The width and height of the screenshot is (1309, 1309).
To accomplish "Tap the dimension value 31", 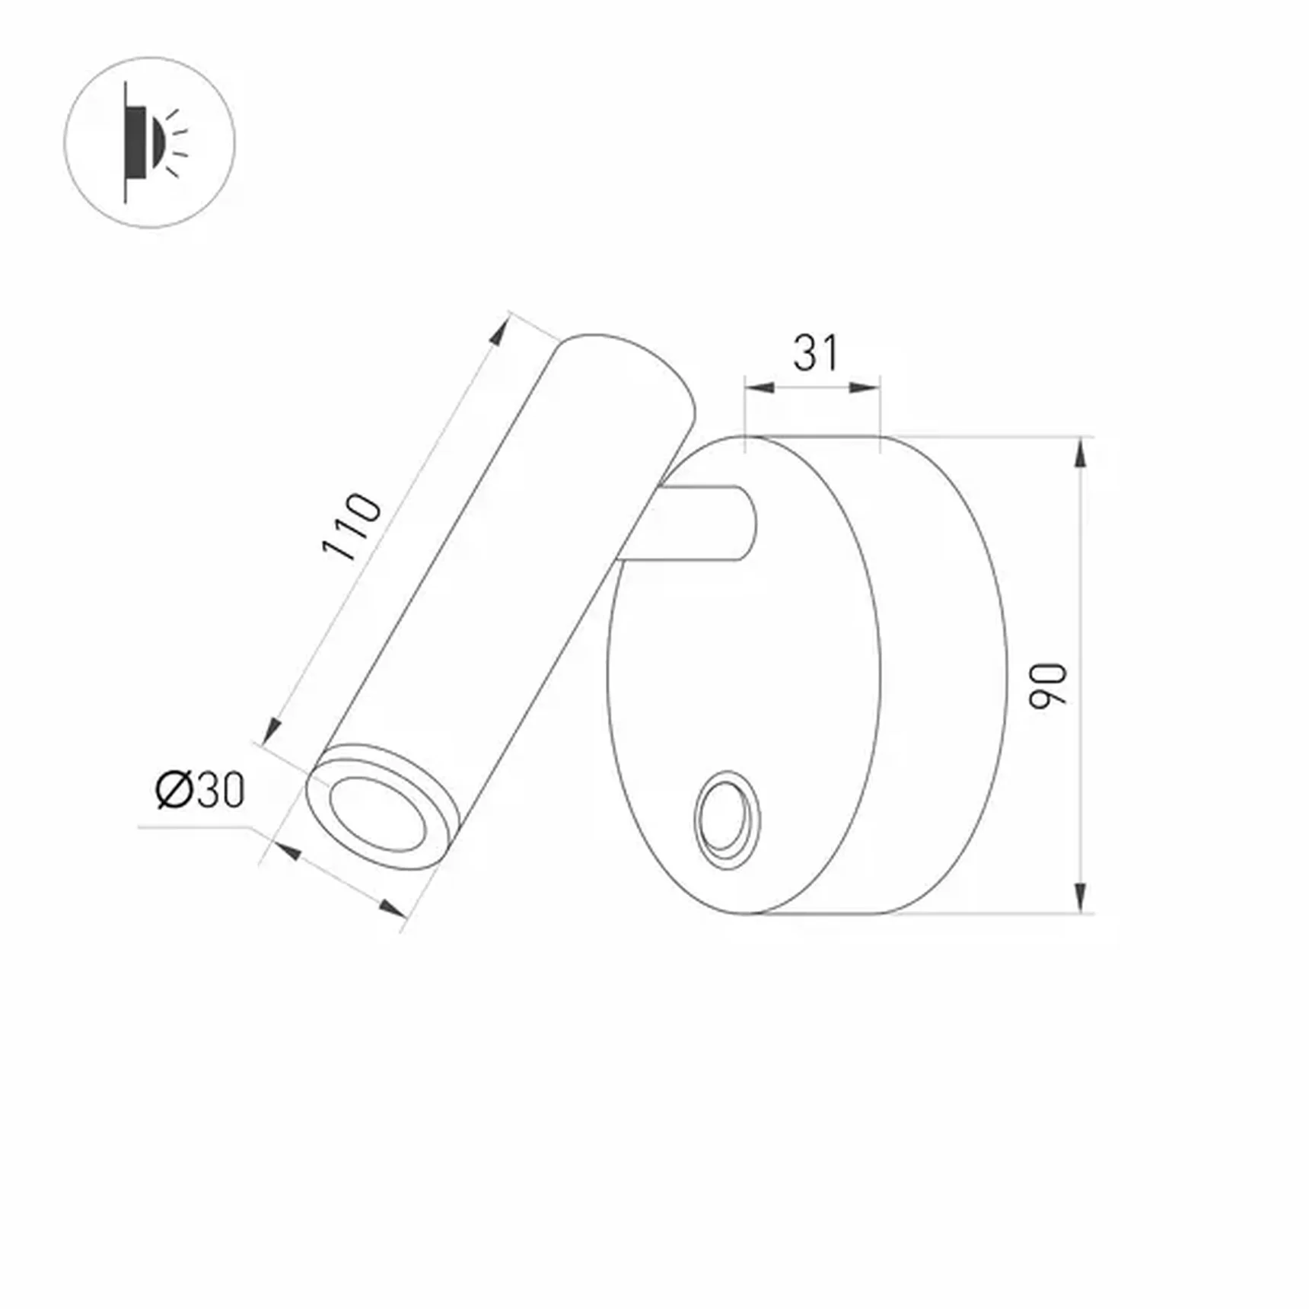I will pyautogui.click(x=815, y=353).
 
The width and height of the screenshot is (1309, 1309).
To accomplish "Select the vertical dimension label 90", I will pyautogui.click(x=1048, y=686).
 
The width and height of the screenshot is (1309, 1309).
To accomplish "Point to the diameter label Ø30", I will pyautogui.click(x=200, y=790).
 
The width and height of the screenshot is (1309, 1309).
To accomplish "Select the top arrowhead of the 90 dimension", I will pyautogui.click(x=1080, y=453).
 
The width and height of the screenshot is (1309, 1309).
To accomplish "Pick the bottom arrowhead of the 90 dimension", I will pyautogui.click(x=1080, y=897).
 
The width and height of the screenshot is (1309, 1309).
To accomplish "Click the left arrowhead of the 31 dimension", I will pyautogui.click(x=760, y=387).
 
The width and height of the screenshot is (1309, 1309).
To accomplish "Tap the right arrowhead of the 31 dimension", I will pyautogui.click(x=865, y=387).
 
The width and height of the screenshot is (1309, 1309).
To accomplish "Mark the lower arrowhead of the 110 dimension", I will pyautogui.click(x=269, y=732).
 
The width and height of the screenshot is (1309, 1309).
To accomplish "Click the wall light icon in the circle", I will pyautogui.click(x=149, y=142).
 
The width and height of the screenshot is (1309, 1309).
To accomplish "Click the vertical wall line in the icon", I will pyautogui.click(x=126, y=142).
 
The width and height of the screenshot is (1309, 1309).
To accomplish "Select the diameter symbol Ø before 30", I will pyautogui.click(x=174, y=790).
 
